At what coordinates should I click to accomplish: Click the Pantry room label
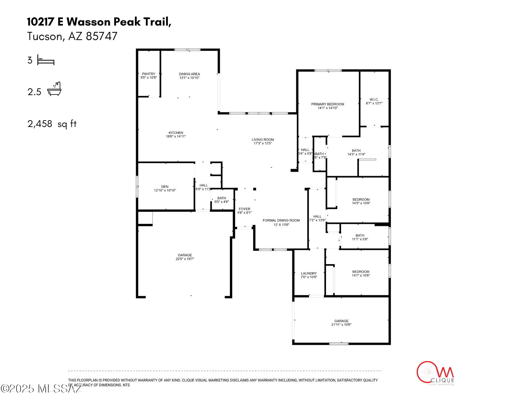(x=149, y=74)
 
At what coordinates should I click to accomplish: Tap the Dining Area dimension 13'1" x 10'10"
(x=189, y=78)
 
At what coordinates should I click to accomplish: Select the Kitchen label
(x=176, y=133)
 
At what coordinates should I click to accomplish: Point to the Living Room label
(x=262, y=140)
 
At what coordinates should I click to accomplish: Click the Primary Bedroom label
(x=328, y=104)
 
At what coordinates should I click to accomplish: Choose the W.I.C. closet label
(x=374, y=99)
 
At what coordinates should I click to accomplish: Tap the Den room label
(x=165, y=187)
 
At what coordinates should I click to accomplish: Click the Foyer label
(x=244, y=209)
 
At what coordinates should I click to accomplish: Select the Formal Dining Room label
(x=281, y=220)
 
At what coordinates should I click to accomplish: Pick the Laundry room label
(x=309, y=273)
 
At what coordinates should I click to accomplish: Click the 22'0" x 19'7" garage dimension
(x=185, y=259)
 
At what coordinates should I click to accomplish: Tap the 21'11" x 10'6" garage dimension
(x=341, y=325)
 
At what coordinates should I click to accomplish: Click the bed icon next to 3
(x=46, y=60)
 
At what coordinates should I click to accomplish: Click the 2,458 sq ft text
(x=52, y=124)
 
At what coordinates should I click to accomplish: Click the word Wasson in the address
(x=88, y=22)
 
